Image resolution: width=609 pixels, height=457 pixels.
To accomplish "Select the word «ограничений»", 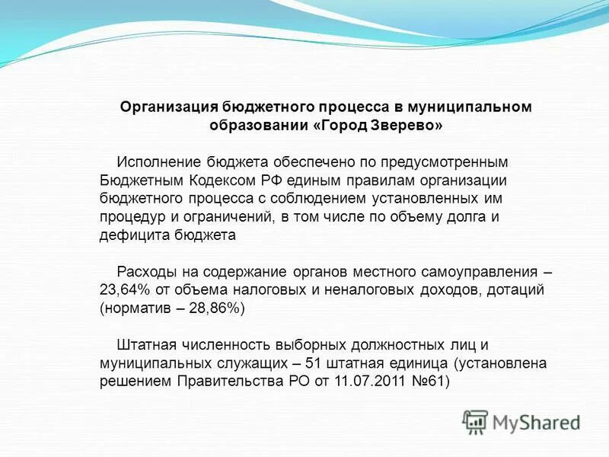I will pyautogui.click(x=229, y=218).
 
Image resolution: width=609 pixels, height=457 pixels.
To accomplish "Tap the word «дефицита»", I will pyautogui.click(x=129, y=236).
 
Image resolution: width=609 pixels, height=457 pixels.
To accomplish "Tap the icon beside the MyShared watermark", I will pyautogui.click(x=475, y=422).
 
